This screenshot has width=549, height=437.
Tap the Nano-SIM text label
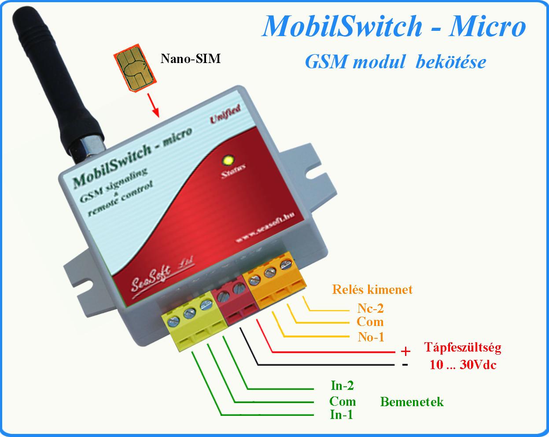tap(190, 59)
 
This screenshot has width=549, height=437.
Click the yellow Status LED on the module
tap(228, 160)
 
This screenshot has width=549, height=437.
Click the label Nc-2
tap(370, 308)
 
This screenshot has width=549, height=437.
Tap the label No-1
tap(371, 337)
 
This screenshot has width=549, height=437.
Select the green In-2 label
tap(342, 386)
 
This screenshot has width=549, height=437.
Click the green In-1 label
tap(342, 415)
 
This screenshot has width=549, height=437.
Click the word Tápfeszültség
tap(462, 348)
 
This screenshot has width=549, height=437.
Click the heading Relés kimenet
tap(372, 289)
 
